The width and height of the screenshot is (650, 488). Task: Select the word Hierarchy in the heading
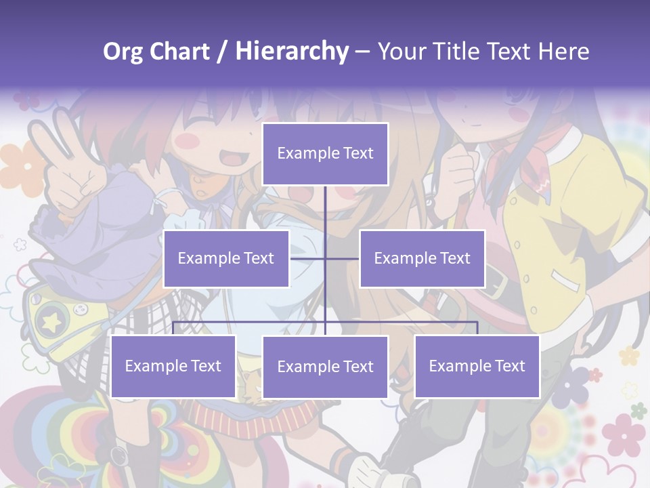(x=292, y=52)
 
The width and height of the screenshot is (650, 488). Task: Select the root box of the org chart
(x=325, y=154)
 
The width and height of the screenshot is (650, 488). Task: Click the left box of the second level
(x=226, y=258)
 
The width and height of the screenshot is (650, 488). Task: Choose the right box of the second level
(x=422, y=258)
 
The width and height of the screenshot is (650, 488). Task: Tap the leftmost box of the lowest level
(x=173, y=367)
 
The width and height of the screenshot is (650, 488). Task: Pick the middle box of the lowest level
(x=325, y=367)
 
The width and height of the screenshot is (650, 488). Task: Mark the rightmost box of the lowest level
(x=477, y=367)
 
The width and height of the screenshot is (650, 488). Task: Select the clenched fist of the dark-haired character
(x=460, y=169)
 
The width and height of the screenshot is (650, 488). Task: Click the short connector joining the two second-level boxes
(x=325, y=258)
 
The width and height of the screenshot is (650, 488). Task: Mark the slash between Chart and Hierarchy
(x=222, y=52)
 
